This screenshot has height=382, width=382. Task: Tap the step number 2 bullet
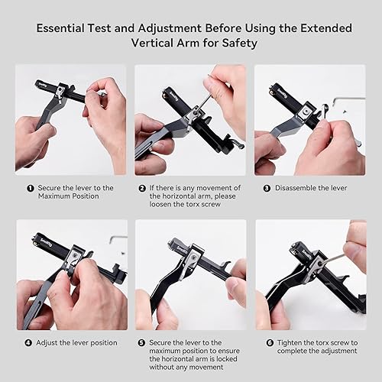pos(143,187)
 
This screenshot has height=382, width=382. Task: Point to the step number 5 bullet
pos(142,343)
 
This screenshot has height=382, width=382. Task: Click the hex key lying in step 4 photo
pos(118,238)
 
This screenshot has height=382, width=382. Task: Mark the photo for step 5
pos(190,275)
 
